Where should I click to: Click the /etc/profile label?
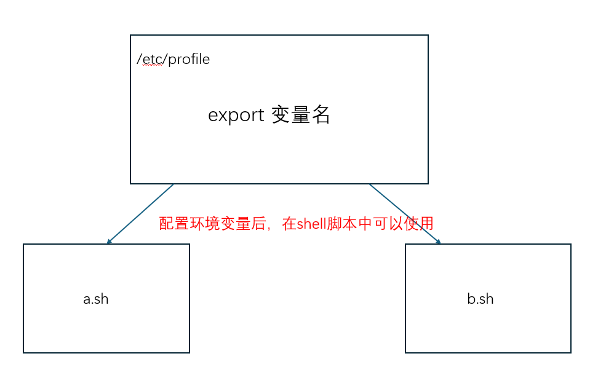[x=173, y=60]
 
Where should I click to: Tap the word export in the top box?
[x=236, y=115]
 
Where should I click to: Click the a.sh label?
[x=96, y=299]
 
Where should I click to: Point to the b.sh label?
[x=480, y=299]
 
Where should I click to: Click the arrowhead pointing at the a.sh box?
[x=110, y=242]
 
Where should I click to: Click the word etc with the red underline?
[x=152, y=60]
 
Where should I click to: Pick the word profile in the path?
[x=189, y=60]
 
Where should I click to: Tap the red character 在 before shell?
[x=289, y=224]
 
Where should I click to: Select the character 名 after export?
[x=321, y=115]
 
